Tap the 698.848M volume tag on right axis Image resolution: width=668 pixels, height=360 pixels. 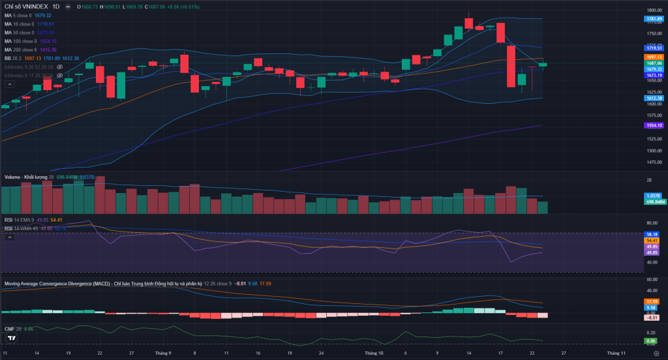click(x=654, y=202)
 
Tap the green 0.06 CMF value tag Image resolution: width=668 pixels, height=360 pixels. click(x=651, y=341)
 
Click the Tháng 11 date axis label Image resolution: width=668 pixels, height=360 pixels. click(x=616, y=353)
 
